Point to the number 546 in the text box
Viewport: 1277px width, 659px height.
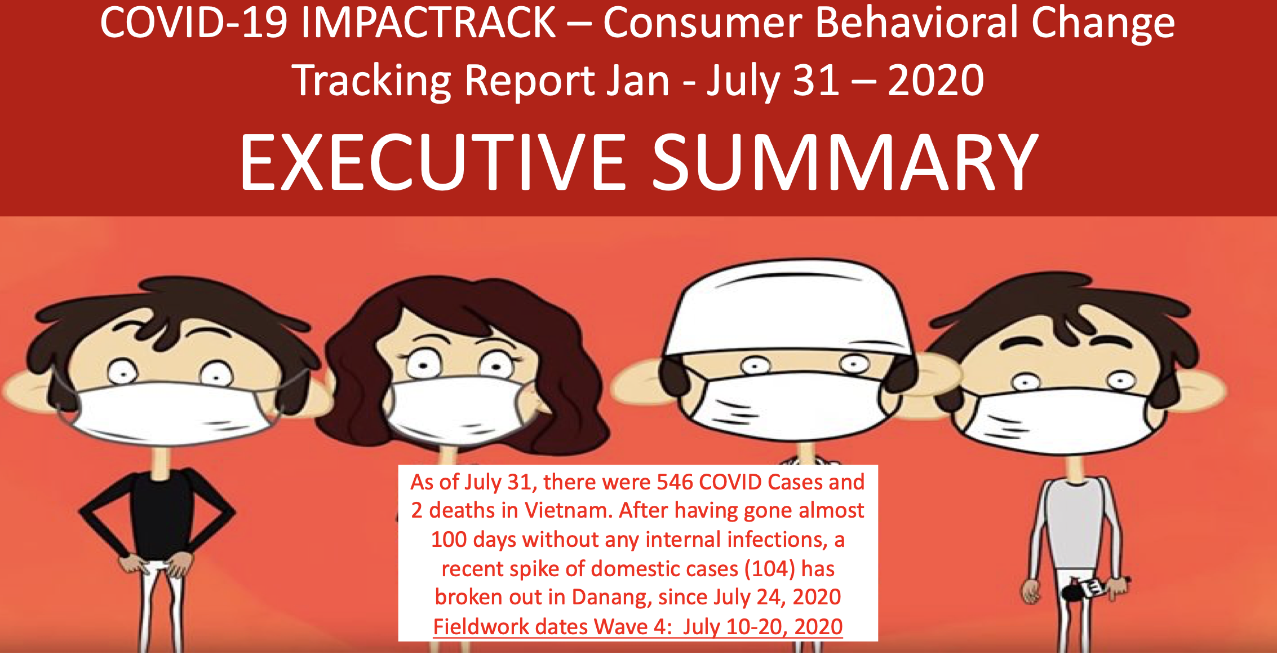coord(675,482)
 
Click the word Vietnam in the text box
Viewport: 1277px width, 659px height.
coord(568,510)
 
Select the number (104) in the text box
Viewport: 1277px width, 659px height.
coord(770,569)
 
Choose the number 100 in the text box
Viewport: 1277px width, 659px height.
coord(449,540)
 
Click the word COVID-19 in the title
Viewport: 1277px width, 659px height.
coord(193,23)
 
